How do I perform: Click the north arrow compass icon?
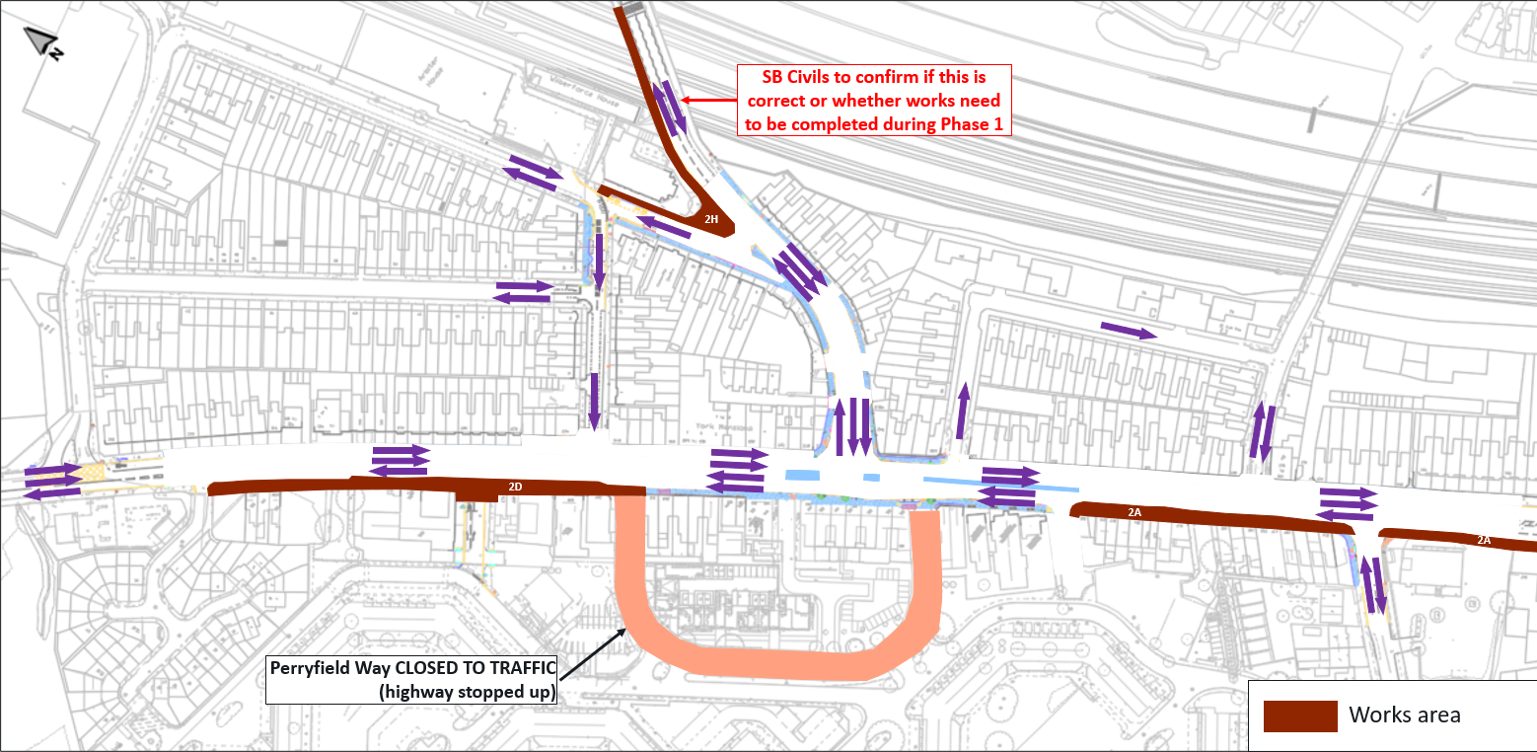point(42,42)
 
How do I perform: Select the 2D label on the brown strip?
point(515,487)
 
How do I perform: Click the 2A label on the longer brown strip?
point(1134,513)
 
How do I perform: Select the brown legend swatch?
point(1299,715)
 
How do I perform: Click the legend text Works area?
point(1404,715)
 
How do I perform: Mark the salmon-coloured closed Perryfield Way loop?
point(779,661)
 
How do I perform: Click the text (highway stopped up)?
point(467,691)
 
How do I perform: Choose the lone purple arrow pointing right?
point(1128,331)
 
